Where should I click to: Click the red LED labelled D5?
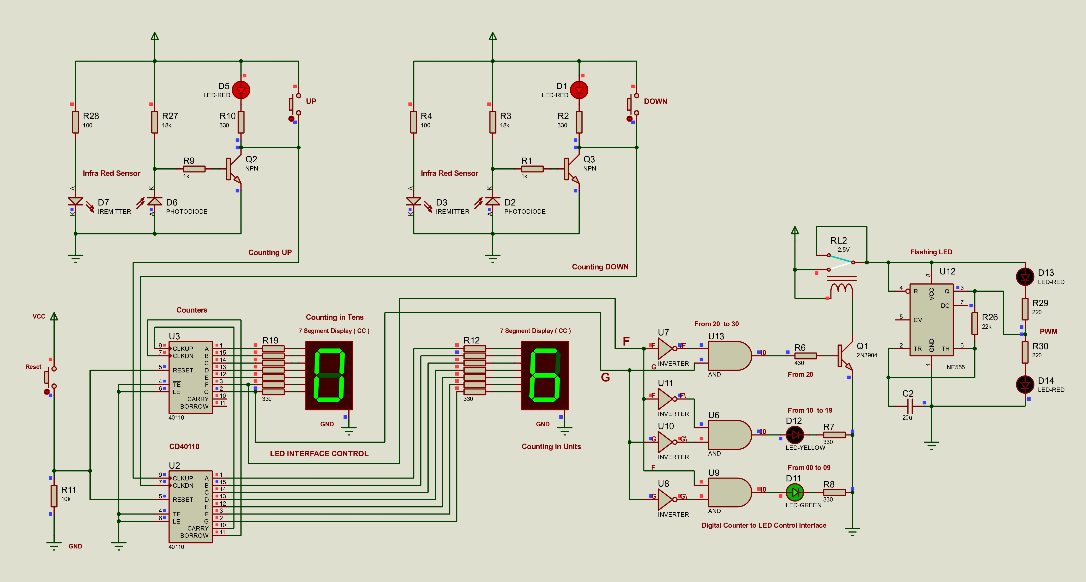coord(241,90)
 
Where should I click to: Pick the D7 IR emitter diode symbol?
coord(76,201)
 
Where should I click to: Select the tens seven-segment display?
coord(329,375)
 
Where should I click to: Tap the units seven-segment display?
coord(545,375)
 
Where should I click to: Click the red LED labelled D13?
coord(1025,277)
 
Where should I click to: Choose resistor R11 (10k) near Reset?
coord(54,496)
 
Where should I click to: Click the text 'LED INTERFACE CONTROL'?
coord(319,454)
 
